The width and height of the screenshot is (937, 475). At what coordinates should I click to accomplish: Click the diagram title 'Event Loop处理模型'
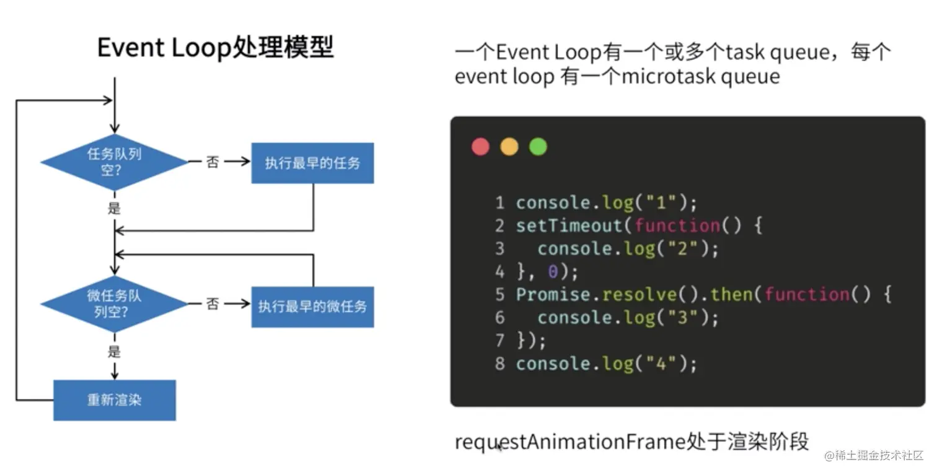click(x=215, y=48)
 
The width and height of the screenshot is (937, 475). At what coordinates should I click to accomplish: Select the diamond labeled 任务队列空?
click(x=114, y=162)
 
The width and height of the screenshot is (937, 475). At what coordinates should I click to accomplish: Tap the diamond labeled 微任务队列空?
click(x=114, y=303)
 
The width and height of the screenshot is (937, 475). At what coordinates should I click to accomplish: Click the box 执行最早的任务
click(x=312, y=163)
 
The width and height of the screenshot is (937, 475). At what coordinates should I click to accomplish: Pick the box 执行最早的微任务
click(x=312, y=306)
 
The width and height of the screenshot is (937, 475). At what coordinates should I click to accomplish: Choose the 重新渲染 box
click(x=114, y=400)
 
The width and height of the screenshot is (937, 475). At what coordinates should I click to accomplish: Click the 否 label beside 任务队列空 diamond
click(x=213, y=162)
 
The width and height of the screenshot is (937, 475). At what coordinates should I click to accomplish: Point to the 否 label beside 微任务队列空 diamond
click(x=213, y=304)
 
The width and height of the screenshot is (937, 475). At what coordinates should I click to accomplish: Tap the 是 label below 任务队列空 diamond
click(x=114, y=208)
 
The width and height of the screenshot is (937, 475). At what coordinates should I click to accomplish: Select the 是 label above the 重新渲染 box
click(x=114, y=352)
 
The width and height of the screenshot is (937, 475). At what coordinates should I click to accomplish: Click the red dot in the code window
click(x=480, y=147)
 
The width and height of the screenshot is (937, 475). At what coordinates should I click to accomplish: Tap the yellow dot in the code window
click(x=509, y=147)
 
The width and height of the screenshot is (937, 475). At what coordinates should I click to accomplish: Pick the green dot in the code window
click(x=538, y=147)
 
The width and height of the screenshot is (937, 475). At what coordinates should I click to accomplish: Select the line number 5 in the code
click(x=500, y=294)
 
